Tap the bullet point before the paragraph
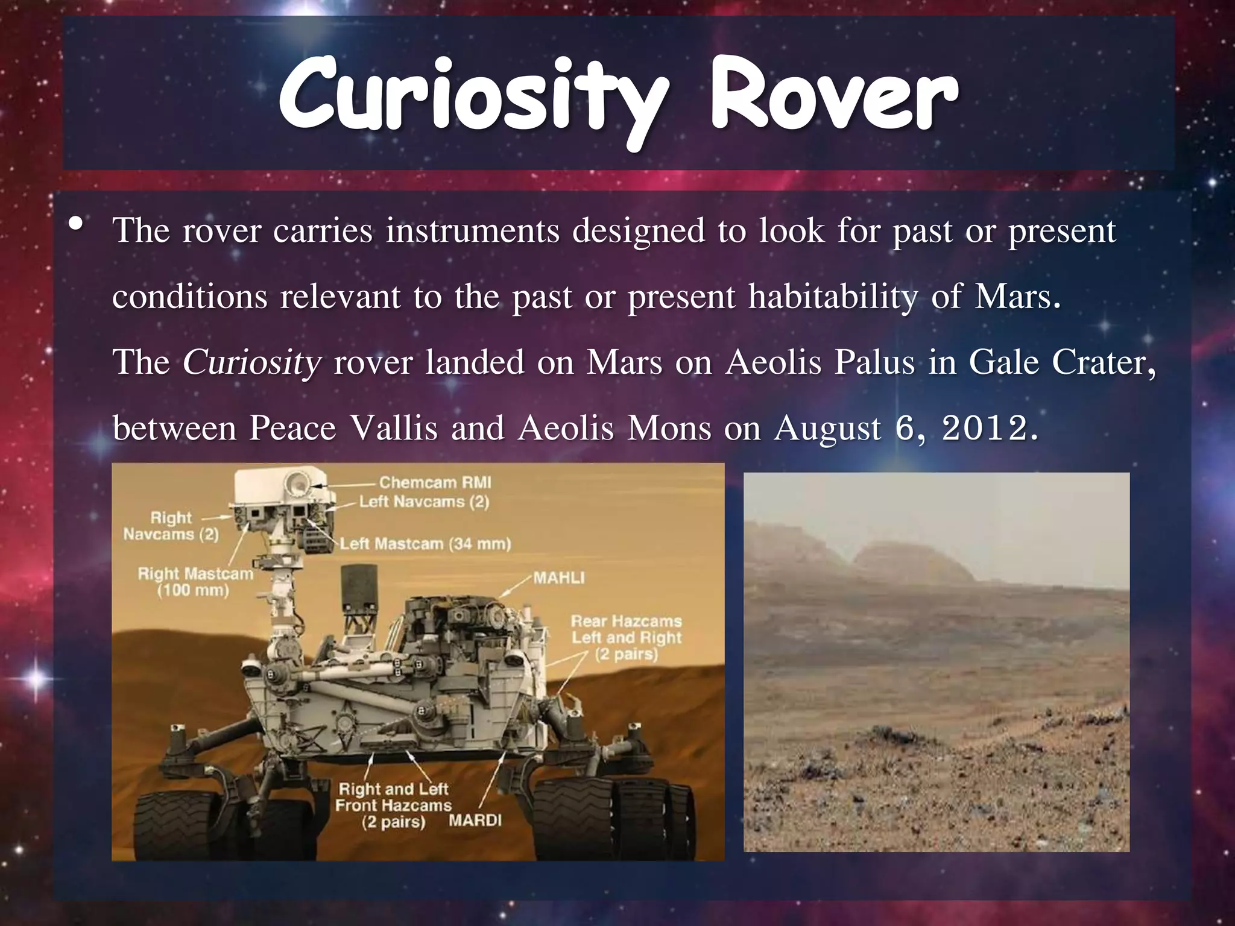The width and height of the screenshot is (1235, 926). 76,224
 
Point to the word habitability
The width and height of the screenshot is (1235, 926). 832,298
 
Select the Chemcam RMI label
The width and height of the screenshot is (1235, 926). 435,482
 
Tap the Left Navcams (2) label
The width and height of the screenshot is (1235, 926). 424,502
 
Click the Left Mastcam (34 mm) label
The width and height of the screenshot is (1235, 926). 425,544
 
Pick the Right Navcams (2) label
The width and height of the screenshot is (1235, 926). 171,526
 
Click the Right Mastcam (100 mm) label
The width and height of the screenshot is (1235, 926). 194,581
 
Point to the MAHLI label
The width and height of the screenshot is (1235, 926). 559,578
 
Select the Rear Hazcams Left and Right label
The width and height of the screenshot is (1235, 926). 626,637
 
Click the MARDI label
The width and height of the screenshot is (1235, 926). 475,820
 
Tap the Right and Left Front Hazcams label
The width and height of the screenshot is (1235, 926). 393,805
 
